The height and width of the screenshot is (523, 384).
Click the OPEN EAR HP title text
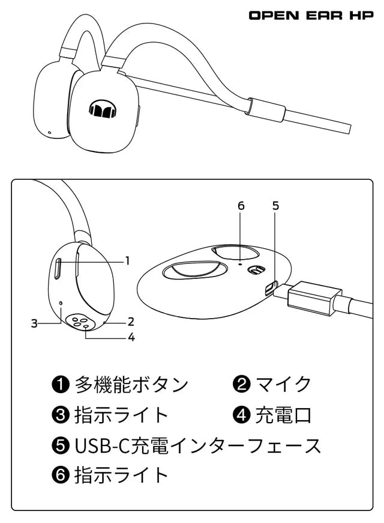coord(311,15)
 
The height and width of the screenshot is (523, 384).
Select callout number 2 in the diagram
coord(130,321)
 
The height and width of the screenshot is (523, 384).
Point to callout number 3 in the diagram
coord(35,323)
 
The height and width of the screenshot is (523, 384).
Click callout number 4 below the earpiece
coord(131,337)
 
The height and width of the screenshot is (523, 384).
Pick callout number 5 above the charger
coord(275,206)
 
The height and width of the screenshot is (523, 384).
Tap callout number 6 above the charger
coord(241,206)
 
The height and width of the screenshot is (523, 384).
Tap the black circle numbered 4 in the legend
coord(242,415)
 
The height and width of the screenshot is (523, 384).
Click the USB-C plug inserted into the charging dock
coord(312,299)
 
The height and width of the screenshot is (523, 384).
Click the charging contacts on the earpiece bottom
coord(80,322)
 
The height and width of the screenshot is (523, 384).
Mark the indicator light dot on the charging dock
coord(241,263)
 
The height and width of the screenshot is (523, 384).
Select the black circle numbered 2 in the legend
coord(242,384)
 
